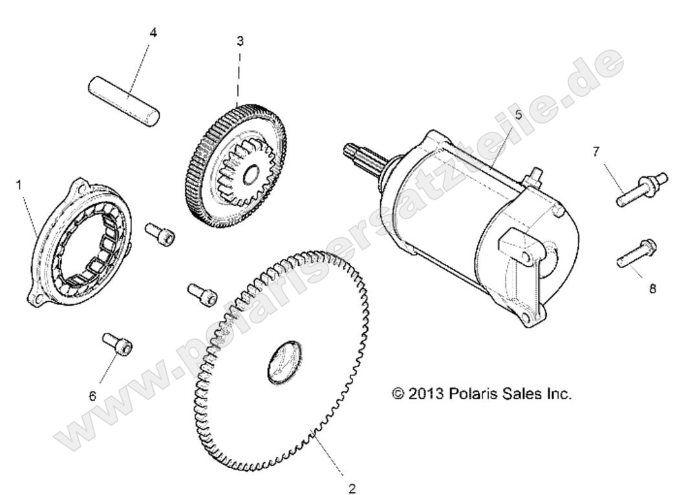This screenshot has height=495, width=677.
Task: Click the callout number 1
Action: (19, 185)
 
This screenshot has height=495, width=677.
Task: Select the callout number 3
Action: (240, 41)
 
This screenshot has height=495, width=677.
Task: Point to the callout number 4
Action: (153, 32)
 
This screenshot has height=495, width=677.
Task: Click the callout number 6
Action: (92, 395)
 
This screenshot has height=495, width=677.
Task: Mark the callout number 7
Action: (596, 151)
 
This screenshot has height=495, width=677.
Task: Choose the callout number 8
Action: (652, 289)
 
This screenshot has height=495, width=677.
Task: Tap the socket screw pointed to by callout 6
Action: (118, 343)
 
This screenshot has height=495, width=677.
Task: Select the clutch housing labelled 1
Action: (81, 242)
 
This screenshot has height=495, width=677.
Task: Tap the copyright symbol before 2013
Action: (398, 393)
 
